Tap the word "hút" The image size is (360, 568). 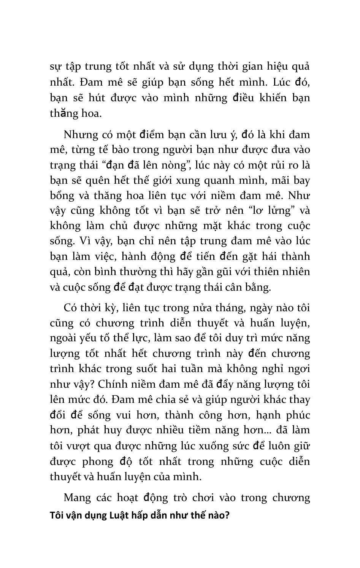pos(96,98)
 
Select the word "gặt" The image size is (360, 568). pos(248,256)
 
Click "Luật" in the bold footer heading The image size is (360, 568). pos(119,516)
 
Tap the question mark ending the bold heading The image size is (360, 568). pos(227,516)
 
